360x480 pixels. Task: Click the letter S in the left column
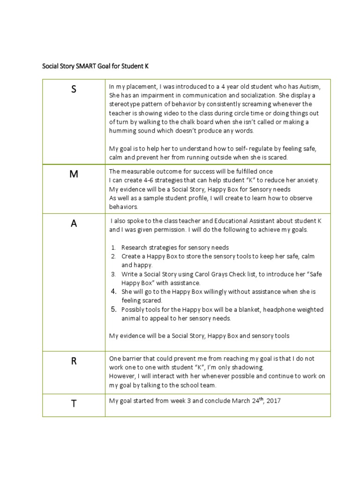pyautogui.click(x=74, y=90)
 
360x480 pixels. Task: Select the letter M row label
pyautogui.click(x=74, y=174)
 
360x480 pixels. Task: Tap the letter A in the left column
pyautogui.click(x=74, y=224)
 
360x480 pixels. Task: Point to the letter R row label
pyautogui.click(x=74, y=361)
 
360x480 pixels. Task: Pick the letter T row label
pyautogui.click(x=74, y=404)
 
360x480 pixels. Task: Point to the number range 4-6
pyautogui.click(x=146, y=180)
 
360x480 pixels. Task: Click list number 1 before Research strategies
pyautogui.click(x=113, y=247)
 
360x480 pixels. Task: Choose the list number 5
pyautogui.click(x=113, y=309)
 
